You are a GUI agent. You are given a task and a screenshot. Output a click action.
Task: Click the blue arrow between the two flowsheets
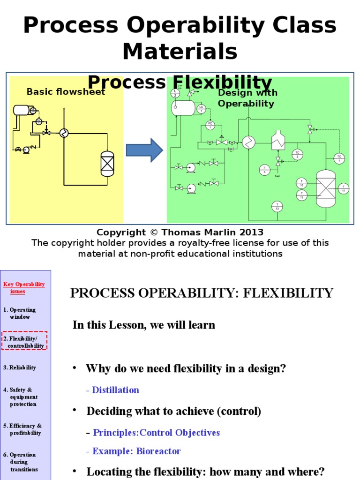click(x=144, y=150)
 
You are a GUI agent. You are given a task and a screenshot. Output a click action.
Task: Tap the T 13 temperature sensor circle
click(x=277, y=206)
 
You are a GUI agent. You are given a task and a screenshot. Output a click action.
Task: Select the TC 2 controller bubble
click(x=297, y=154)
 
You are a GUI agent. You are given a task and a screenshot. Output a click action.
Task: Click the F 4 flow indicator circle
click(x=264, y=170)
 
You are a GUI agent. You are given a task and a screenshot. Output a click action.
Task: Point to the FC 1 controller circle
click(x=210, y=125)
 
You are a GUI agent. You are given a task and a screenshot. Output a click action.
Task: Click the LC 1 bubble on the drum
click(x=201, y=109)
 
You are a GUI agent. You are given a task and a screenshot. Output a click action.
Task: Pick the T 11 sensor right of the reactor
click(x=343, y=188)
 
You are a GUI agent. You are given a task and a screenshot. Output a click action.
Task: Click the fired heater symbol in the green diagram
click(x=278, y=140)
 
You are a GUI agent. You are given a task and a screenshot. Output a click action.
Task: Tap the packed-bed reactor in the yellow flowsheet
click(x=107, y=164)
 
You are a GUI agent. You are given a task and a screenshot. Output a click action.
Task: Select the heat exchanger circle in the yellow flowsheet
click(x=64, y=133)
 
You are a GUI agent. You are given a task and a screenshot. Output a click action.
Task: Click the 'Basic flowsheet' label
click(x=66, y=92)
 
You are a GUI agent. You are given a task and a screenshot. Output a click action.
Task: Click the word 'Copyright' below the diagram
click(x=121, y=232)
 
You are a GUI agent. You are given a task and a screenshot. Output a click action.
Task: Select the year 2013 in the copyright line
click(x=252, y=232)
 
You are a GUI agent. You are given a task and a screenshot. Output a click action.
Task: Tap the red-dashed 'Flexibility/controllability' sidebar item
click(x=24, y=342)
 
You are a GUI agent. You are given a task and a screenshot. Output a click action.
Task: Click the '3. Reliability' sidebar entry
click(x=20, y=367)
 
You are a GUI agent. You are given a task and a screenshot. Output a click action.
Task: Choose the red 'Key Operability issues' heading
click(x=24, y=287)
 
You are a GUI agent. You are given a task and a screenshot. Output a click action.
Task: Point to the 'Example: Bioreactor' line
click(x=134, y=451)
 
